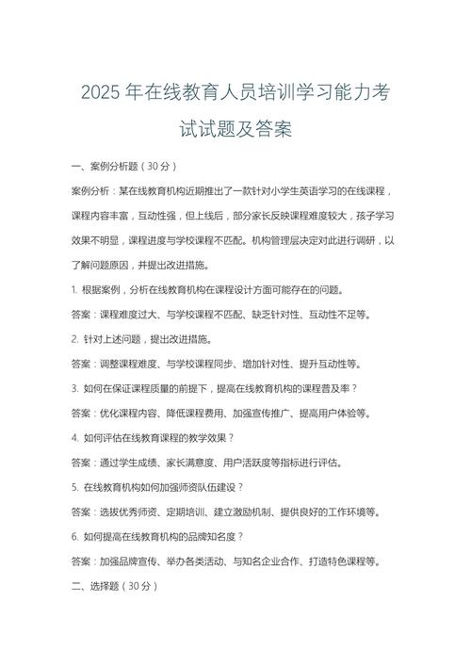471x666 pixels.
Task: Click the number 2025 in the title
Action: pos(103,94)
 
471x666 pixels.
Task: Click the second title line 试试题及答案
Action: pos(235,130)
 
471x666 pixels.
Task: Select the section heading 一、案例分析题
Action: pos(106,166)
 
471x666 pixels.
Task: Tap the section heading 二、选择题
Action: pos(106,586)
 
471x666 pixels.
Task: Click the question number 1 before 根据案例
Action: pos(73,289)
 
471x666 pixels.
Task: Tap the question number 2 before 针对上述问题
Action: pos(73,338)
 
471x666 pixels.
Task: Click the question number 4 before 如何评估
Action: pos(73,437)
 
